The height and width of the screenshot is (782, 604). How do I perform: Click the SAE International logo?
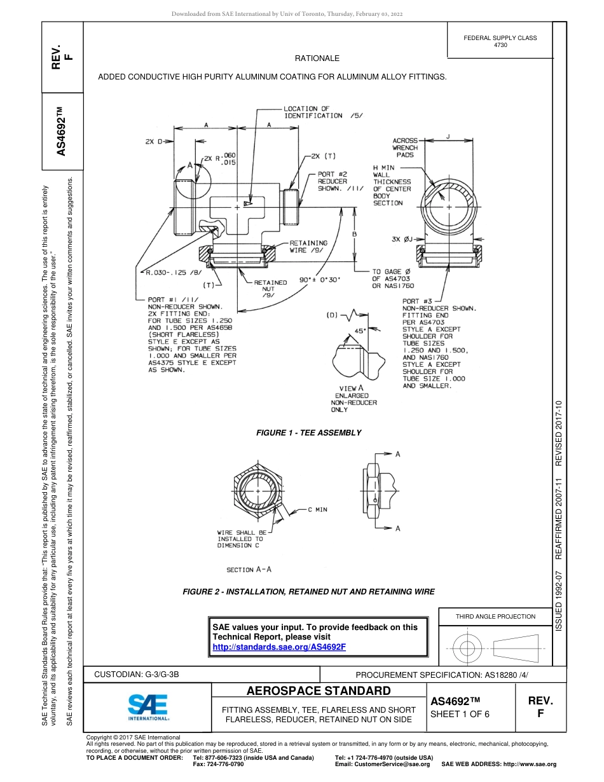(x=148, y=706)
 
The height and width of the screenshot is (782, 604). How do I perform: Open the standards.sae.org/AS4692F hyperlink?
(x=279, y=647)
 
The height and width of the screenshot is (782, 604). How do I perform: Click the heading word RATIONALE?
(x=317, y=58)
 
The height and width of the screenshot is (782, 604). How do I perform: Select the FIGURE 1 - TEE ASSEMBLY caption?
(x=308, y=433)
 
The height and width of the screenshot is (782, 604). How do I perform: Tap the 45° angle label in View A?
(x=359, y=331)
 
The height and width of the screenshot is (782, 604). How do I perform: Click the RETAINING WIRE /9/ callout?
(x=308, y=246)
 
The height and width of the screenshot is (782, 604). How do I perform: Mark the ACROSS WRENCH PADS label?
(x=405, y=147)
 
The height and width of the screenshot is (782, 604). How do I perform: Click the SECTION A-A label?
(x=249, y=570)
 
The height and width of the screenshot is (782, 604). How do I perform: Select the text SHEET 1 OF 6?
(x=460, y=714)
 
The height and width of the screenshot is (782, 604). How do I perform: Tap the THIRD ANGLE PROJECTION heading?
(x=495, y=616)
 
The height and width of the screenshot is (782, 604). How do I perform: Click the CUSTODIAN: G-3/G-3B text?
(x=141, y=674)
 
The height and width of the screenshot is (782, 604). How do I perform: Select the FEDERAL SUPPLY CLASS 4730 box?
(x=500, y=41)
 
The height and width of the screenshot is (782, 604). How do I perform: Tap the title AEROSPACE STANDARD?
(x=319, y=691)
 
